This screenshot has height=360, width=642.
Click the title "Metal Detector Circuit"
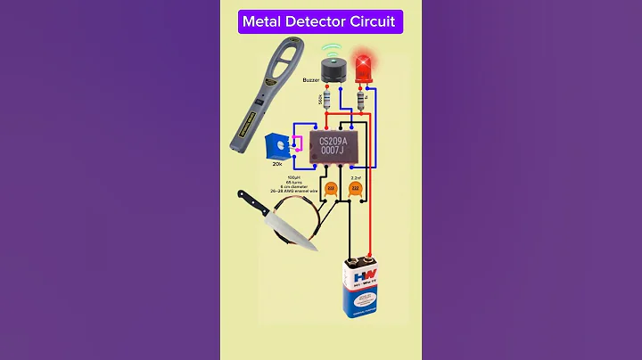pos(320,20)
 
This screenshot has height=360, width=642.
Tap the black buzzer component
pos(332,70)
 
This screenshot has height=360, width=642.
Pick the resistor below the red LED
pos(361,101)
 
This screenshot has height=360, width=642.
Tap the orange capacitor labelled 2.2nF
pos(355,188)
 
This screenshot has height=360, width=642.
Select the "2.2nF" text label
pos(355,178)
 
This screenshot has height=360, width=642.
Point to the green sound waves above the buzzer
pos(332,46)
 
